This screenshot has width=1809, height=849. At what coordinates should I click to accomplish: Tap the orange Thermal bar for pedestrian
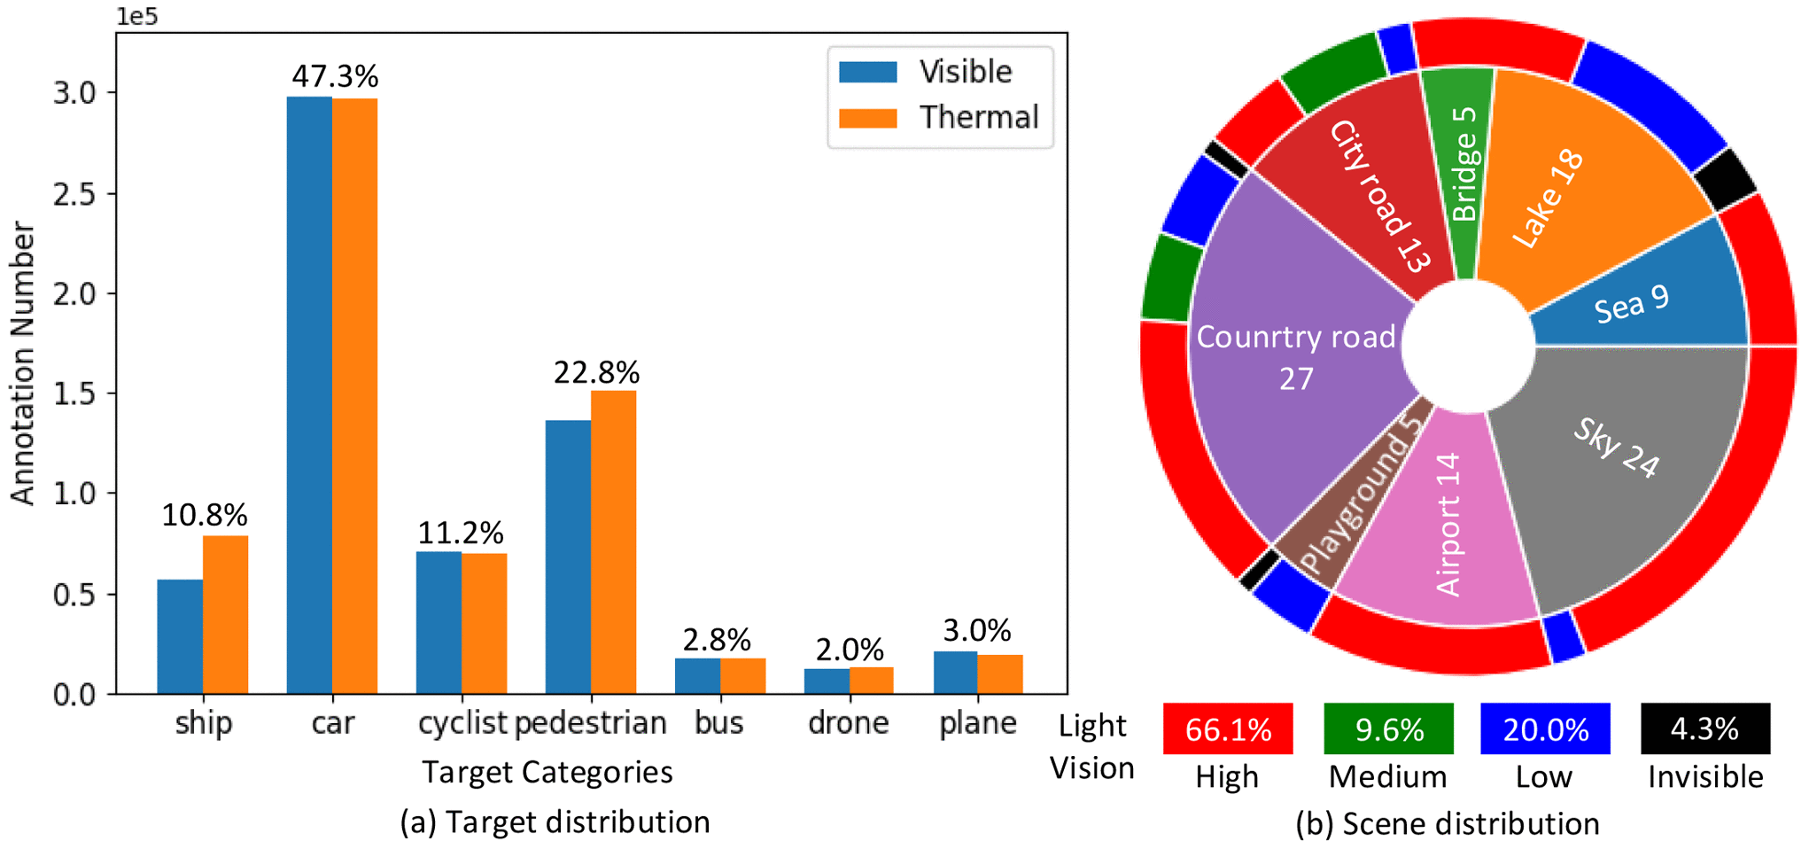(613, 541)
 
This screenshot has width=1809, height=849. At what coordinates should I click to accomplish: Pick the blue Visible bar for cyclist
(439, 622)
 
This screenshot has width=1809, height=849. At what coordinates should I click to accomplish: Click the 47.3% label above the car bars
(335, 77)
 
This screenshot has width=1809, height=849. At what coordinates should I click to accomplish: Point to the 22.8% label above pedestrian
(596, 373)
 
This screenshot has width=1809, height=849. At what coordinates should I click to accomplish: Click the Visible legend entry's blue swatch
(867, 72)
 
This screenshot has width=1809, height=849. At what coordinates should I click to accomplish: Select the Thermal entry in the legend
(978, 118)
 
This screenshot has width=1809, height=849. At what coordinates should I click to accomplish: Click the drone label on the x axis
(848, 723)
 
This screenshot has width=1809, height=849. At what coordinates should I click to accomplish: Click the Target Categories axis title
(547, 772)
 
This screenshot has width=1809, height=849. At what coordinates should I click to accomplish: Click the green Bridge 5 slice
(1462, 168)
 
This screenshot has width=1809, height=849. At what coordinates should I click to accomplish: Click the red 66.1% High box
(1227, 729)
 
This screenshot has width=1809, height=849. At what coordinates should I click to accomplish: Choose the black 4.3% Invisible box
(1704, 729)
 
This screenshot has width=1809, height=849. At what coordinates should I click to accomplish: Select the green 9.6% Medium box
(1388, 729)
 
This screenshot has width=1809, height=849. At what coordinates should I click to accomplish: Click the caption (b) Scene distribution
(1447, 824)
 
